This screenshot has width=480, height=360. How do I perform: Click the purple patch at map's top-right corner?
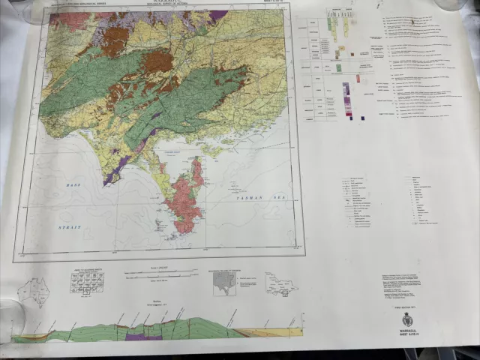[x=218, y=15]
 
